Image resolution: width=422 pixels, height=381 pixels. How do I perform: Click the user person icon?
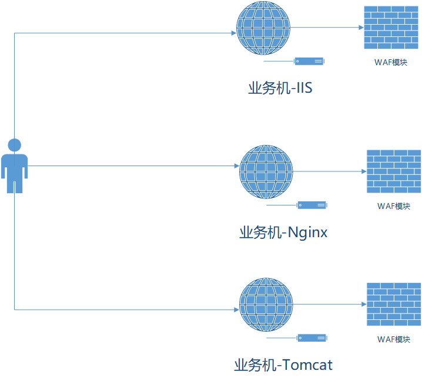14,167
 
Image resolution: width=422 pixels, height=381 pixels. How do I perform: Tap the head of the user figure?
14,144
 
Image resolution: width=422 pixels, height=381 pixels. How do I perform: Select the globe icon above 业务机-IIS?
263,28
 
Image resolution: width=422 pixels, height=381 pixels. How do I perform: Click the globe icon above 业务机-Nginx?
266,171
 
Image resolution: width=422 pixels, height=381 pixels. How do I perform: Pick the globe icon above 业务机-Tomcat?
266,304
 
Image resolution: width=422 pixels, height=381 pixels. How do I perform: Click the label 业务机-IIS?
280,89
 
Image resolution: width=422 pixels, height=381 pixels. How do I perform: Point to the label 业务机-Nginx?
283,232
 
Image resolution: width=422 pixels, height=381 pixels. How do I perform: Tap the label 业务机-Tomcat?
283,365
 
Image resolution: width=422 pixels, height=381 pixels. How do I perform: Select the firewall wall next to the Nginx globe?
394,171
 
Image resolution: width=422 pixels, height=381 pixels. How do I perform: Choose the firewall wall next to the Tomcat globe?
394,304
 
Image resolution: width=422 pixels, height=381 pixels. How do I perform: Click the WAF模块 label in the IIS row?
391,62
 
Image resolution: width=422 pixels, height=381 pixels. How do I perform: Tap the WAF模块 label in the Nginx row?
394,206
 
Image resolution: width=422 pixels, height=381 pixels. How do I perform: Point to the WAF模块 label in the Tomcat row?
394,339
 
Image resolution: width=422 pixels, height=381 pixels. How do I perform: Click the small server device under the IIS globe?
309,61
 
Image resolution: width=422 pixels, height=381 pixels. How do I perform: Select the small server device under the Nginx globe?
312,205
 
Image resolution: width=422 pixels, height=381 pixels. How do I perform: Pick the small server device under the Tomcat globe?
312,338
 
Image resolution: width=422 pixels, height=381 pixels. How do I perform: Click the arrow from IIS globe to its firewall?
327,28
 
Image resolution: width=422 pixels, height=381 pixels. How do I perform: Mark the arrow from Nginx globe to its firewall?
330,171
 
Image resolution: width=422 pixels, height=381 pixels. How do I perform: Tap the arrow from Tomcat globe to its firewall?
330,304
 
